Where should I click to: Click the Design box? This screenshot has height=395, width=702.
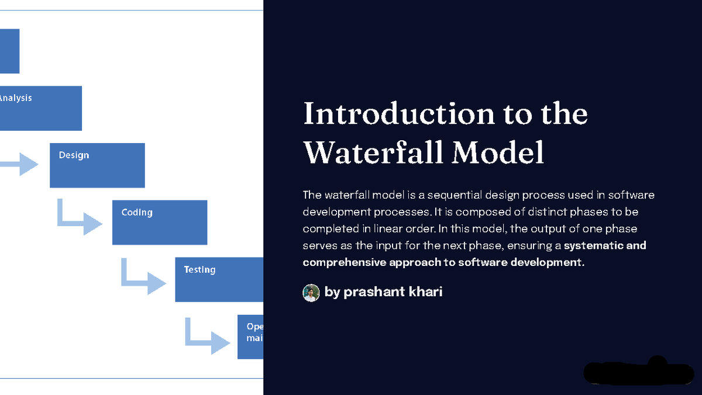tap(97, 166)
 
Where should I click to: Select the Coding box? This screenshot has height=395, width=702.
tap(160, 223)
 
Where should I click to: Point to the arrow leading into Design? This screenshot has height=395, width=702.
tap(20, 164)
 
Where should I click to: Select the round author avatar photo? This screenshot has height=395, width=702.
tap(311, 293)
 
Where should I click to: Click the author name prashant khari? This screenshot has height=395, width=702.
tap(393, 292)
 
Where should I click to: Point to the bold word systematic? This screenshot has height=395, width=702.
tap(591, 245)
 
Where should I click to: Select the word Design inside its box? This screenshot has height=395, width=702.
tap(74, 155)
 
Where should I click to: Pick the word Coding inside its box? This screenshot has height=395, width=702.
tap(137, 213)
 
